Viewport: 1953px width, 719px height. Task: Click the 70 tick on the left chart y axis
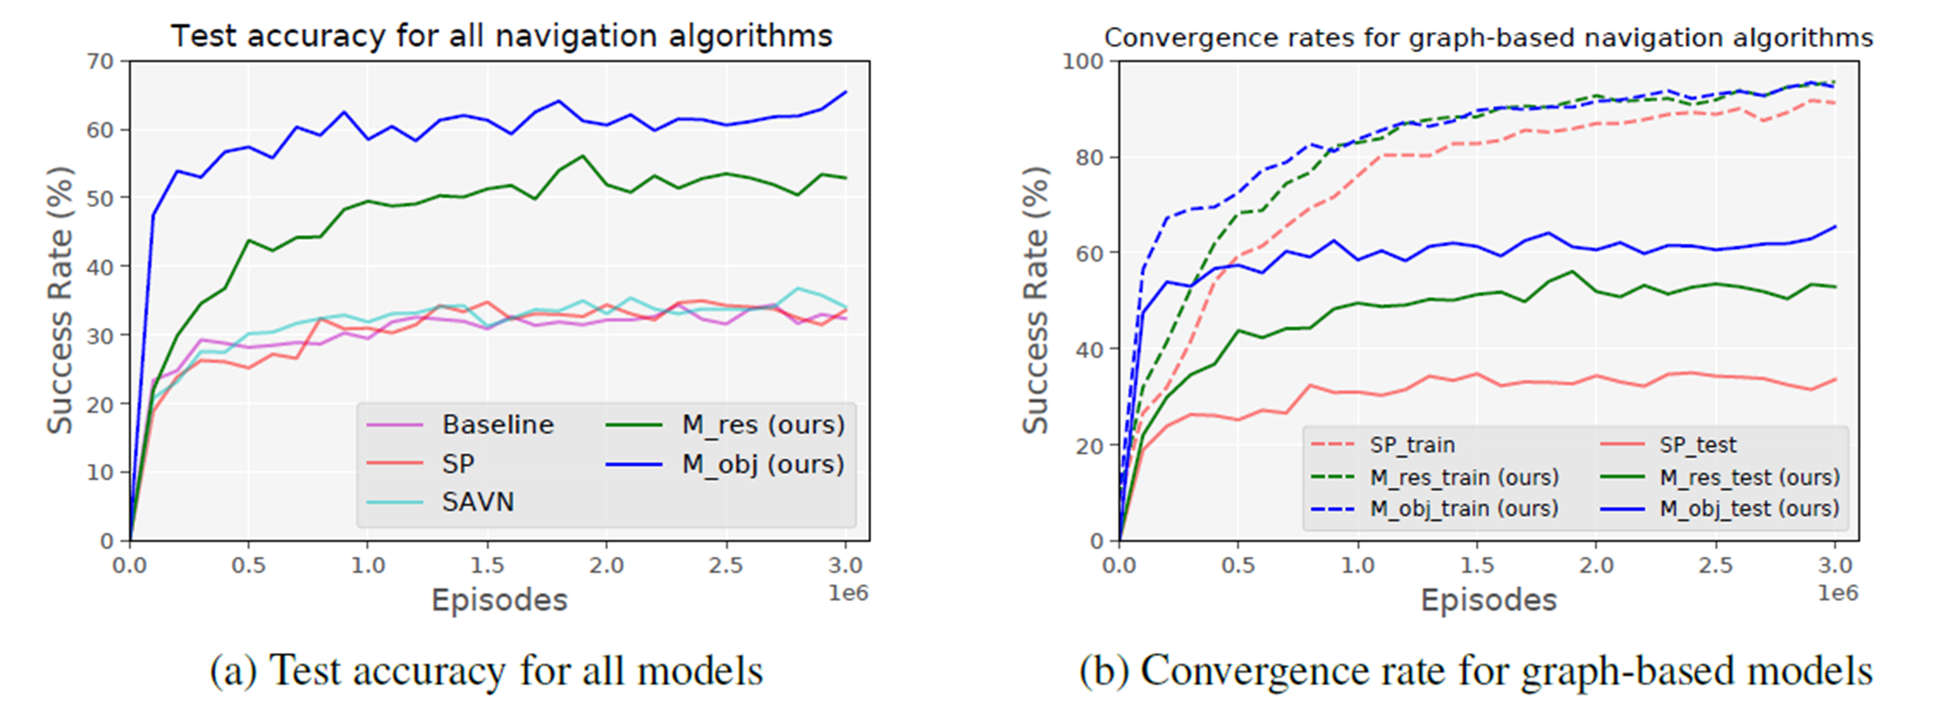100,61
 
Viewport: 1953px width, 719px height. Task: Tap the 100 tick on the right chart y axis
1082,61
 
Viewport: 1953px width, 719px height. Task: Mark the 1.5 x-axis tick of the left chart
487,566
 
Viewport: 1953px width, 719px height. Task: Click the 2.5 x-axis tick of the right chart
1716,566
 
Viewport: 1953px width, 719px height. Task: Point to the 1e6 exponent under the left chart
849,593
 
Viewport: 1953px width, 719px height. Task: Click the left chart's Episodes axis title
499,601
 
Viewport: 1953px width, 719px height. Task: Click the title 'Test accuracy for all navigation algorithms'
501,37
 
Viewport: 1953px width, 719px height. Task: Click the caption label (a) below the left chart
233,672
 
